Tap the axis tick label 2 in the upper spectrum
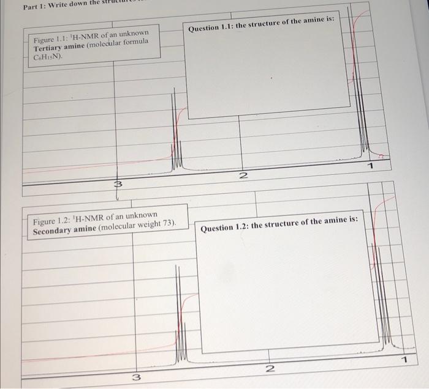(x=243, y=176)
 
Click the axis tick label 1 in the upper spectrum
(x=371, y=166)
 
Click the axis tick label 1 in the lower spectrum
(x=403, y=358)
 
